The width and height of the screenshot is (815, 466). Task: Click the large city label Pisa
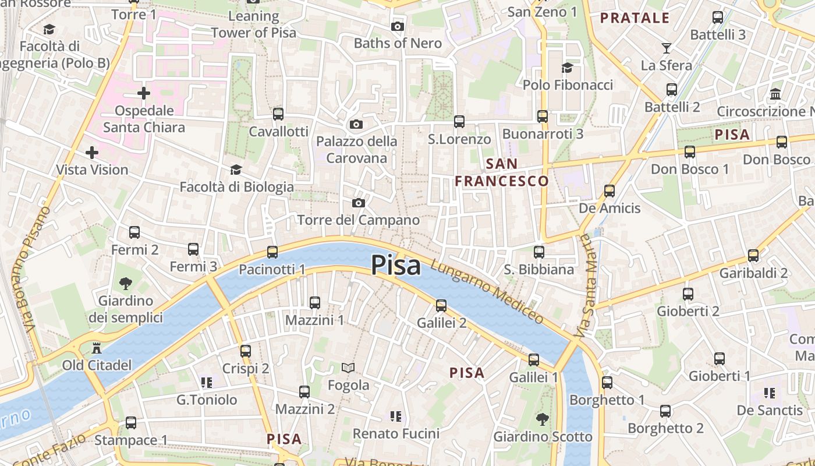396,265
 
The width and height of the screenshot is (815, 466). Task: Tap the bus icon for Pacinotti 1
272,252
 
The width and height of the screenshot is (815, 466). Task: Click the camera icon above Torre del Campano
359,203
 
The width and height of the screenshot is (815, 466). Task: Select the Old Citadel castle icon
97,348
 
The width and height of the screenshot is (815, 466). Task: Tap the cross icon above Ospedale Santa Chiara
143,93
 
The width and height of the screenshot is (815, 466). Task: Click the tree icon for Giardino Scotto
543,419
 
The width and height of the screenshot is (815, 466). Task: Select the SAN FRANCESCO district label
502,172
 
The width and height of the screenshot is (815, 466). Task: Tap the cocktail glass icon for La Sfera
667,48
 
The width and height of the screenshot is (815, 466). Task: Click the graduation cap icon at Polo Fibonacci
567,68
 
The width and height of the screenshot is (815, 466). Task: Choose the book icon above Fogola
348,368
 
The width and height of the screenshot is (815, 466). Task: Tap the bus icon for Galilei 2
441,305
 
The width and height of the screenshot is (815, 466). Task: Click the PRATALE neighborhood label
635,18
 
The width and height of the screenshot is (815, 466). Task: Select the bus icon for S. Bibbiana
539,252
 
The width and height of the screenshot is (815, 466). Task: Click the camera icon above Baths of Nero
398,26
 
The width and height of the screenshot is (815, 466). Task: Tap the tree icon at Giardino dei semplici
125,284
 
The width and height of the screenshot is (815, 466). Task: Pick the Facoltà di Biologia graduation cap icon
236,170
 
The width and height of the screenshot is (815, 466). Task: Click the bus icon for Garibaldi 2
753,255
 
